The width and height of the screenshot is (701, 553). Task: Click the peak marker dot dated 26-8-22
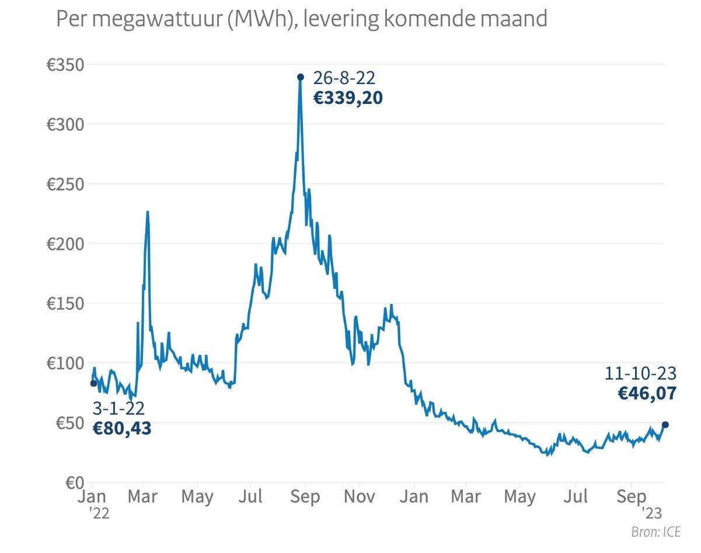click(x=301, y=77)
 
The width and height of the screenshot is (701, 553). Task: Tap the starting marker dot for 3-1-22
click(x=93, y=383)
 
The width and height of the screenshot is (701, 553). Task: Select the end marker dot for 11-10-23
click(x=665, y=425)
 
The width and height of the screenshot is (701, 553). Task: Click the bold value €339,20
click(x=348, y=98)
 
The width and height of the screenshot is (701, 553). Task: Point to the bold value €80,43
click(x=122, y=429)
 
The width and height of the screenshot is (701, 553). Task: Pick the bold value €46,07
click(x=647, y=393)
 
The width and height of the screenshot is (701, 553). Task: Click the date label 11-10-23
click(x=640, y=373)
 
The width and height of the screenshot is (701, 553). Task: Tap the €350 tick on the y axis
click(x=65, y=64)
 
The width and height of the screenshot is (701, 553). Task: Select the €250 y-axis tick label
click(x=65, y=184)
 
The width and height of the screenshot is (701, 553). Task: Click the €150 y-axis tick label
click(x=65, y=304)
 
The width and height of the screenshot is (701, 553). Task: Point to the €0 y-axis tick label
click(x=74, y=482)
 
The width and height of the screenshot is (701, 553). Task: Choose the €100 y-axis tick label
click(x=65, y=363)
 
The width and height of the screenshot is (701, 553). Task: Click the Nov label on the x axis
click(x=359, y=497)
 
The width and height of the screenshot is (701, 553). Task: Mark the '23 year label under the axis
click(x=651, y=514)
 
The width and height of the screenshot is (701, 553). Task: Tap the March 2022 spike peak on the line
click(x=148, y=212)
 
